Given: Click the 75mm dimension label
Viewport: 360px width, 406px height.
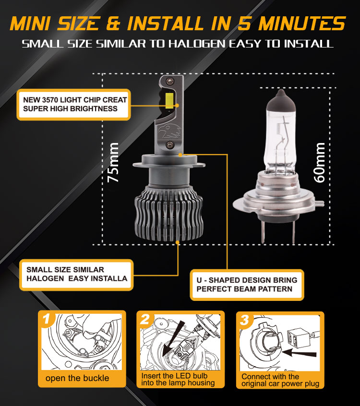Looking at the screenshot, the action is pyautogui.click(x=113, y=162).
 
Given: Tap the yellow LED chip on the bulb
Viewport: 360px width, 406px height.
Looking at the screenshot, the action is pyautogui.click(x=169, y=101).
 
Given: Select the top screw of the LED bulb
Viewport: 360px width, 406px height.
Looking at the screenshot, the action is pyautogui.click(x=169, y=81).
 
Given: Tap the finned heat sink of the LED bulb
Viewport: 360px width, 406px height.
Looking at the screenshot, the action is pyautogui.click(x=169, y=214).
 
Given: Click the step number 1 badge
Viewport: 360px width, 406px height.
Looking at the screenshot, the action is pyautogui.click(x=47, y=319).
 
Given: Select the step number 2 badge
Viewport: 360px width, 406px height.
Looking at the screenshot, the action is pyautogui.click(x=145, y=319).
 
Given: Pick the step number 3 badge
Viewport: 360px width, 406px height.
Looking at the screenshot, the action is pyautogui.click(x=244, y=320).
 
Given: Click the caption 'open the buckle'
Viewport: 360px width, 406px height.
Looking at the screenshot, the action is pyautogui.click(x=77, y=378).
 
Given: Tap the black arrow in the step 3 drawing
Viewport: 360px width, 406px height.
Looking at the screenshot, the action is pyautogui.click(x=299, y=353).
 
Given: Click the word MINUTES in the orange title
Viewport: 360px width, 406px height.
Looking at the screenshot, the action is pyautogui.click(x=302, y=24).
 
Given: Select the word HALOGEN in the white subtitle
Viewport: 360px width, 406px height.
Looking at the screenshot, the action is pyautogui.click(x=197, y=44).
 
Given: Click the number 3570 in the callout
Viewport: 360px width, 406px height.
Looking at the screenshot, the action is pyautogui.click(x=50, y=100).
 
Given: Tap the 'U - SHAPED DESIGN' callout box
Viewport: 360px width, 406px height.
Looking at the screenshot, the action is pyautogui.click(x=247, y=285).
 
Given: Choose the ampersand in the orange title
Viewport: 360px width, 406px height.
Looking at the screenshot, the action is pyautogui.click(x=113, y=24).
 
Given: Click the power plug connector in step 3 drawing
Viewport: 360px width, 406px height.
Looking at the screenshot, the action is pyautogui.click(x=299, y=337).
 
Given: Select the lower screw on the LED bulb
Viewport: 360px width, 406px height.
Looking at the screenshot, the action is pyautogui.click(x=169, y=144).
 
